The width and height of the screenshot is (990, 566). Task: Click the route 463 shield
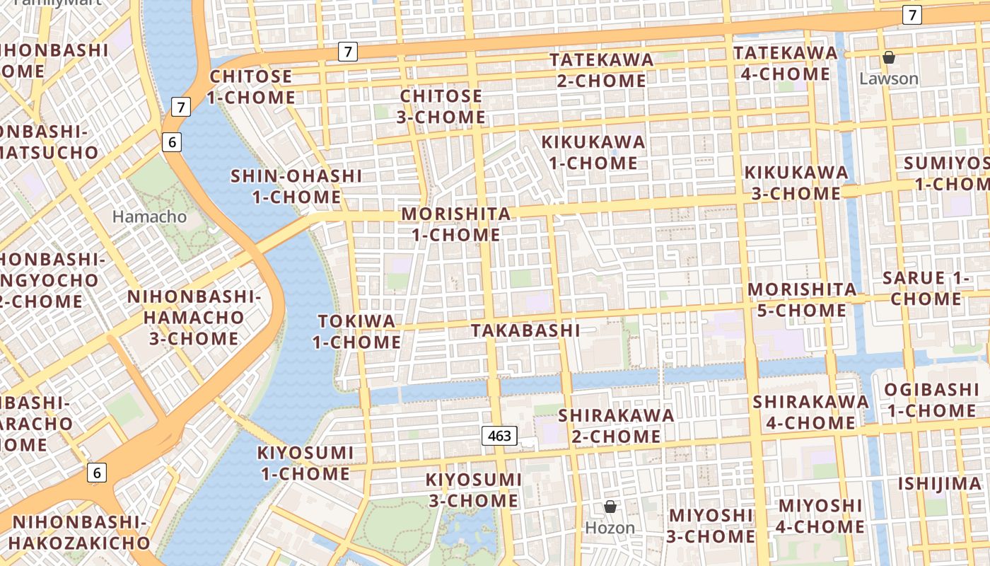point(499,436)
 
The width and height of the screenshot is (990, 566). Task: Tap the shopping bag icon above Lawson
point(889,57)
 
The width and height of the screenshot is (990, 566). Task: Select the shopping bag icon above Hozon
point(610,507)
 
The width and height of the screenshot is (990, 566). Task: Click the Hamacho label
point(149,216)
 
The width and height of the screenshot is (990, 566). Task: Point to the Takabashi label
point(525,330)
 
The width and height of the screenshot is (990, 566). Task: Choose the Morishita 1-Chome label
point(456,224)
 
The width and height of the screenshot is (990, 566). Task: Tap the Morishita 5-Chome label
point(802,299)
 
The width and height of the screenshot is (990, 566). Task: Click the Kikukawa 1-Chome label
point(593,152)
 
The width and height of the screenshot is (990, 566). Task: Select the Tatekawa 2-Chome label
point(602,70)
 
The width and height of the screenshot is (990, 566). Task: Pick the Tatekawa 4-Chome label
point(785,63)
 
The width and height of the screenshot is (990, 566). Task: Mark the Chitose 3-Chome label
point(441,106)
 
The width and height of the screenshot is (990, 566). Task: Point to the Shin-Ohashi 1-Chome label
point(296,186)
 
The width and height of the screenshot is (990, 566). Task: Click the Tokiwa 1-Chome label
point(356,331)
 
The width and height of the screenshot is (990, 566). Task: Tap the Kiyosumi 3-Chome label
point(473,490)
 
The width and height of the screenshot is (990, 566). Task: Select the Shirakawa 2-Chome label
point(616,425)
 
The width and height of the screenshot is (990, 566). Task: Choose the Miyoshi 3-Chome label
point(711,525)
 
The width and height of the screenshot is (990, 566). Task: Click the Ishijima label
point(940,484)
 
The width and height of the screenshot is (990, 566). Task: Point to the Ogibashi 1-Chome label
point(931,400)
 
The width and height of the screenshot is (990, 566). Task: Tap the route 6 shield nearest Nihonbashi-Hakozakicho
point(97,473)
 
